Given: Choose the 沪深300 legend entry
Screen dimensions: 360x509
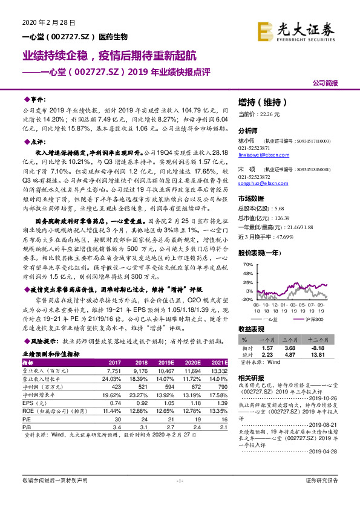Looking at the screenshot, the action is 313,318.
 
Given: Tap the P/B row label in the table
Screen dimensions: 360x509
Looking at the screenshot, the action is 29,425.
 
